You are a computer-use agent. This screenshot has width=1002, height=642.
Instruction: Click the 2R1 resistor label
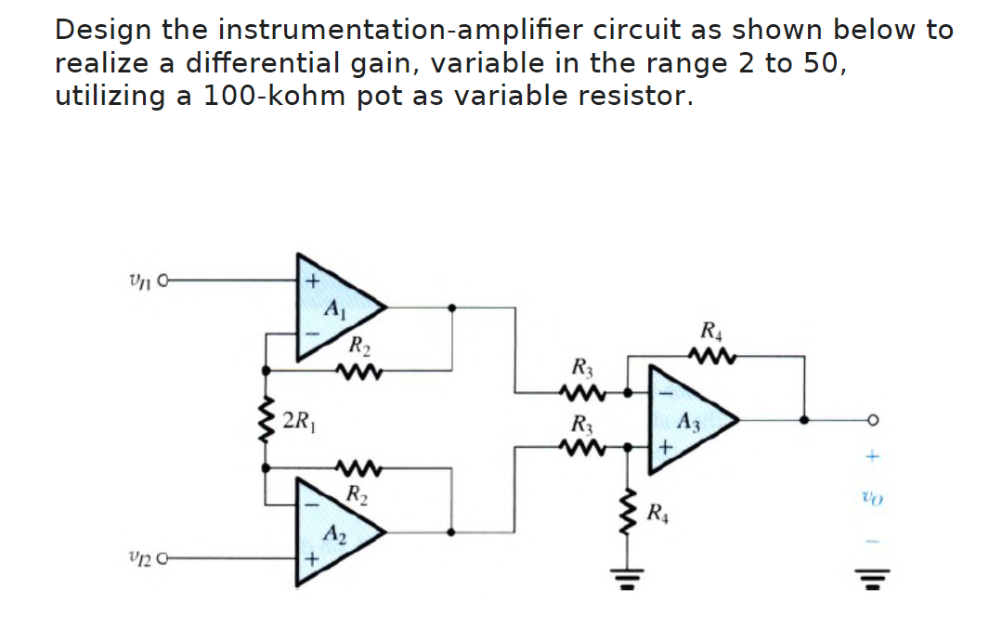pyautogui.click(x=299, y=419)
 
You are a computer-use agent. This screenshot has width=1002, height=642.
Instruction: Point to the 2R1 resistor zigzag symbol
pyautogui.click(x=267, y=419)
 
